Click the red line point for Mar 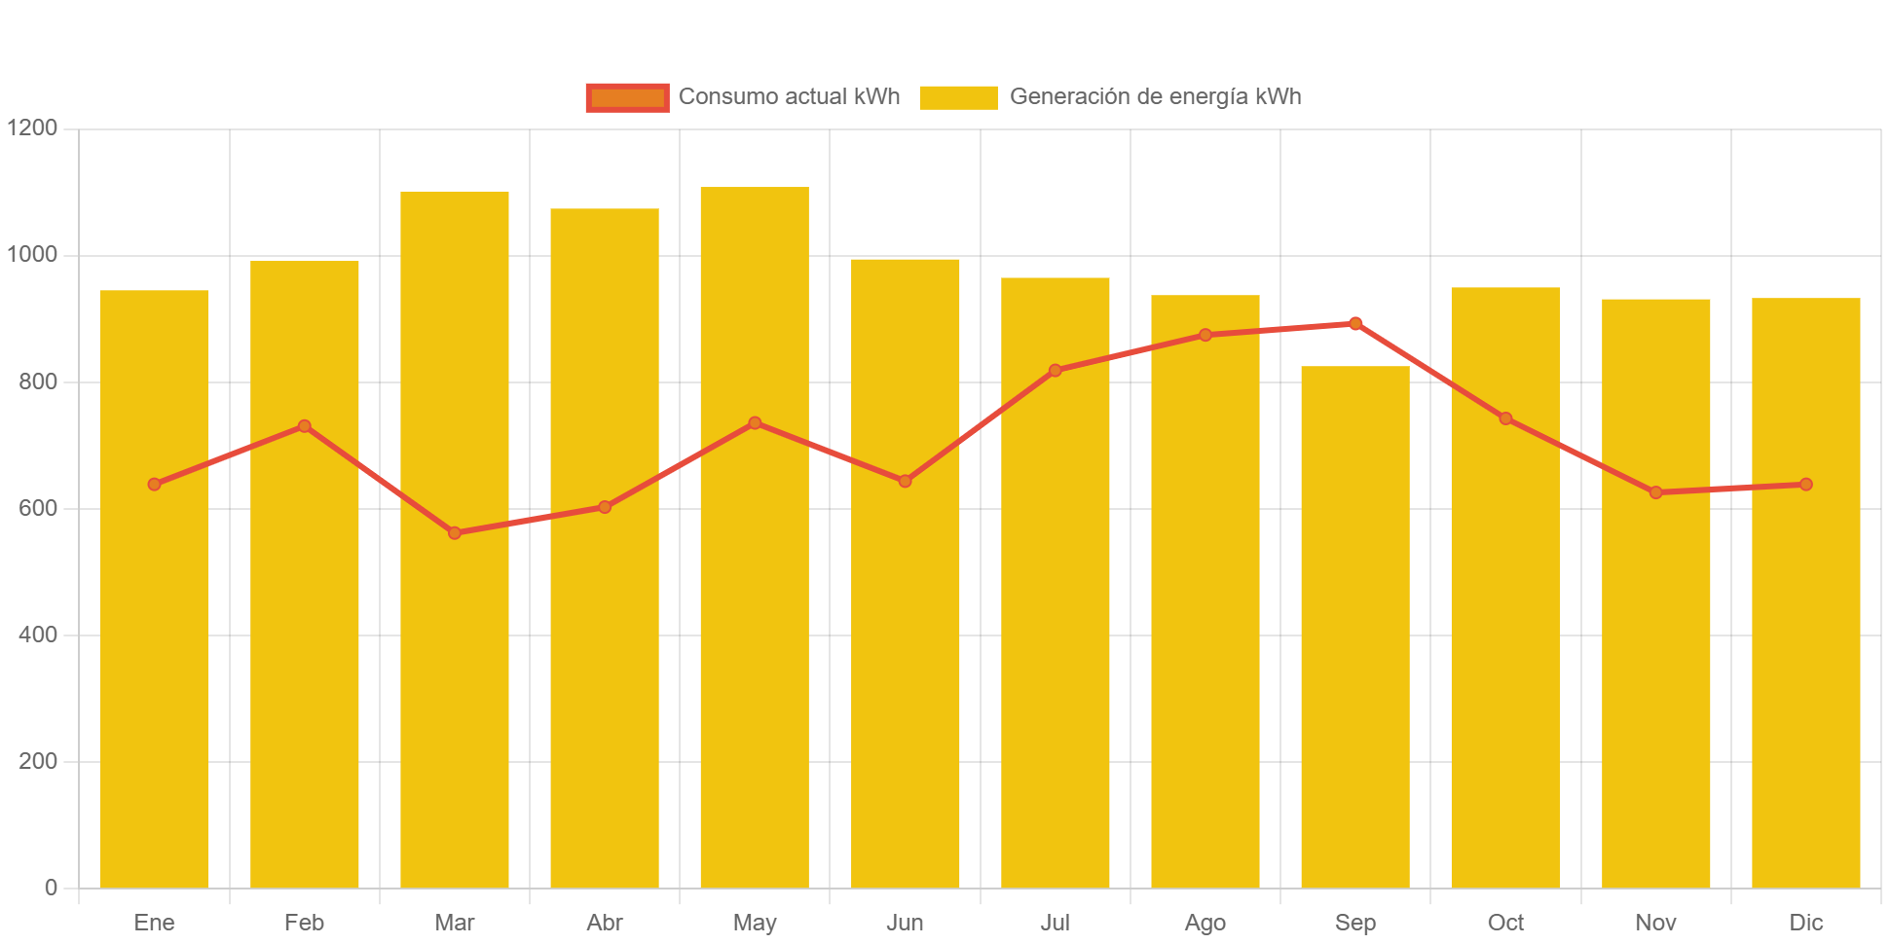click(x=455, y=533)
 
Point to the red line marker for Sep click(x=1355, y=323)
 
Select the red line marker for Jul click(x=1056, y=371)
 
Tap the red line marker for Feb click(x=305, y=426)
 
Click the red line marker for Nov click(x=1656, y=492)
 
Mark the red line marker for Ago click(x=1205, y=335)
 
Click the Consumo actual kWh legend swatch click(x=627, y=97)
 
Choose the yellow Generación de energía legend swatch click(x=958, y=97)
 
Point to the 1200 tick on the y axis click(x=32, y=127)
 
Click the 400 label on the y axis click(x=38, y=635)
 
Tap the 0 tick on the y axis click(x=51, y=888)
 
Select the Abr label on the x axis click(x=605, y=923)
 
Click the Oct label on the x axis click(x=1505, y=923)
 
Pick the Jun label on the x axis click(x=905, y=923)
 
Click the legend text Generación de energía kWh click(x=1155, y=97)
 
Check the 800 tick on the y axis click(x=38, y=381)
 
